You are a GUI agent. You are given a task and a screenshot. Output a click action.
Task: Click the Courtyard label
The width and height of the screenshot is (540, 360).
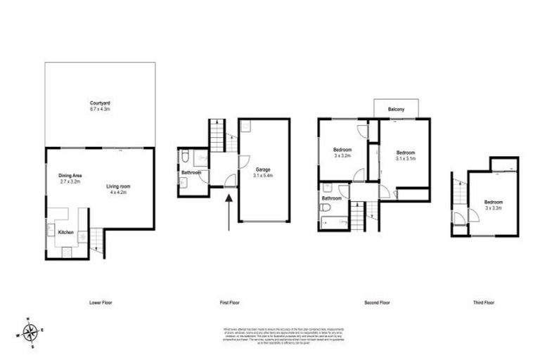tap(98, 105)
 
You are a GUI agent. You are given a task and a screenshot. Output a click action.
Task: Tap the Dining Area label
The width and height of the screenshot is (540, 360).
tap(70, 178)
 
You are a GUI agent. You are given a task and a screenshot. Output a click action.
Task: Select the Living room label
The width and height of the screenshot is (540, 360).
tap(119, 189)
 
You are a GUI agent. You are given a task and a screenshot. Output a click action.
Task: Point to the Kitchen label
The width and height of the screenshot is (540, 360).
tap(65, 231)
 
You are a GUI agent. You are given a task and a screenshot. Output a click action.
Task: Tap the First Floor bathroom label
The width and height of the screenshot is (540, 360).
tap(191, 172)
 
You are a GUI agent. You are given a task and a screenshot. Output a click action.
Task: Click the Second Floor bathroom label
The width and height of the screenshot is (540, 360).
tap(332, 198)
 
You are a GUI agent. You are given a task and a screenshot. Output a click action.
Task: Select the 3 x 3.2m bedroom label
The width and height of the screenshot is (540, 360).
tap(342, 153)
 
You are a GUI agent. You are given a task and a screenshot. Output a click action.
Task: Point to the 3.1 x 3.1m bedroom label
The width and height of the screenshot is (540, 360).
tap(406, 156)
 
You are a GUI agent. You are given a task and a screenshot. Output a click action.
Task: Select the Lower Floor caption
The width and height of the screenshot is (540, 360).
tap(101, 302)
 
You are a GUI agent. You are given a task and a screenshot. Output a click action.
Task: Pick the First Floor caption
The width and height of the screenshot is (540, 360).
tap(229, 302)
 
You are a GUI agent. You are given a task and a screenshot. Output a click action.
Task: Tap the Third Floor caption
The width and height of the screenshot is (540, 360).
tap(483, 302)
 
